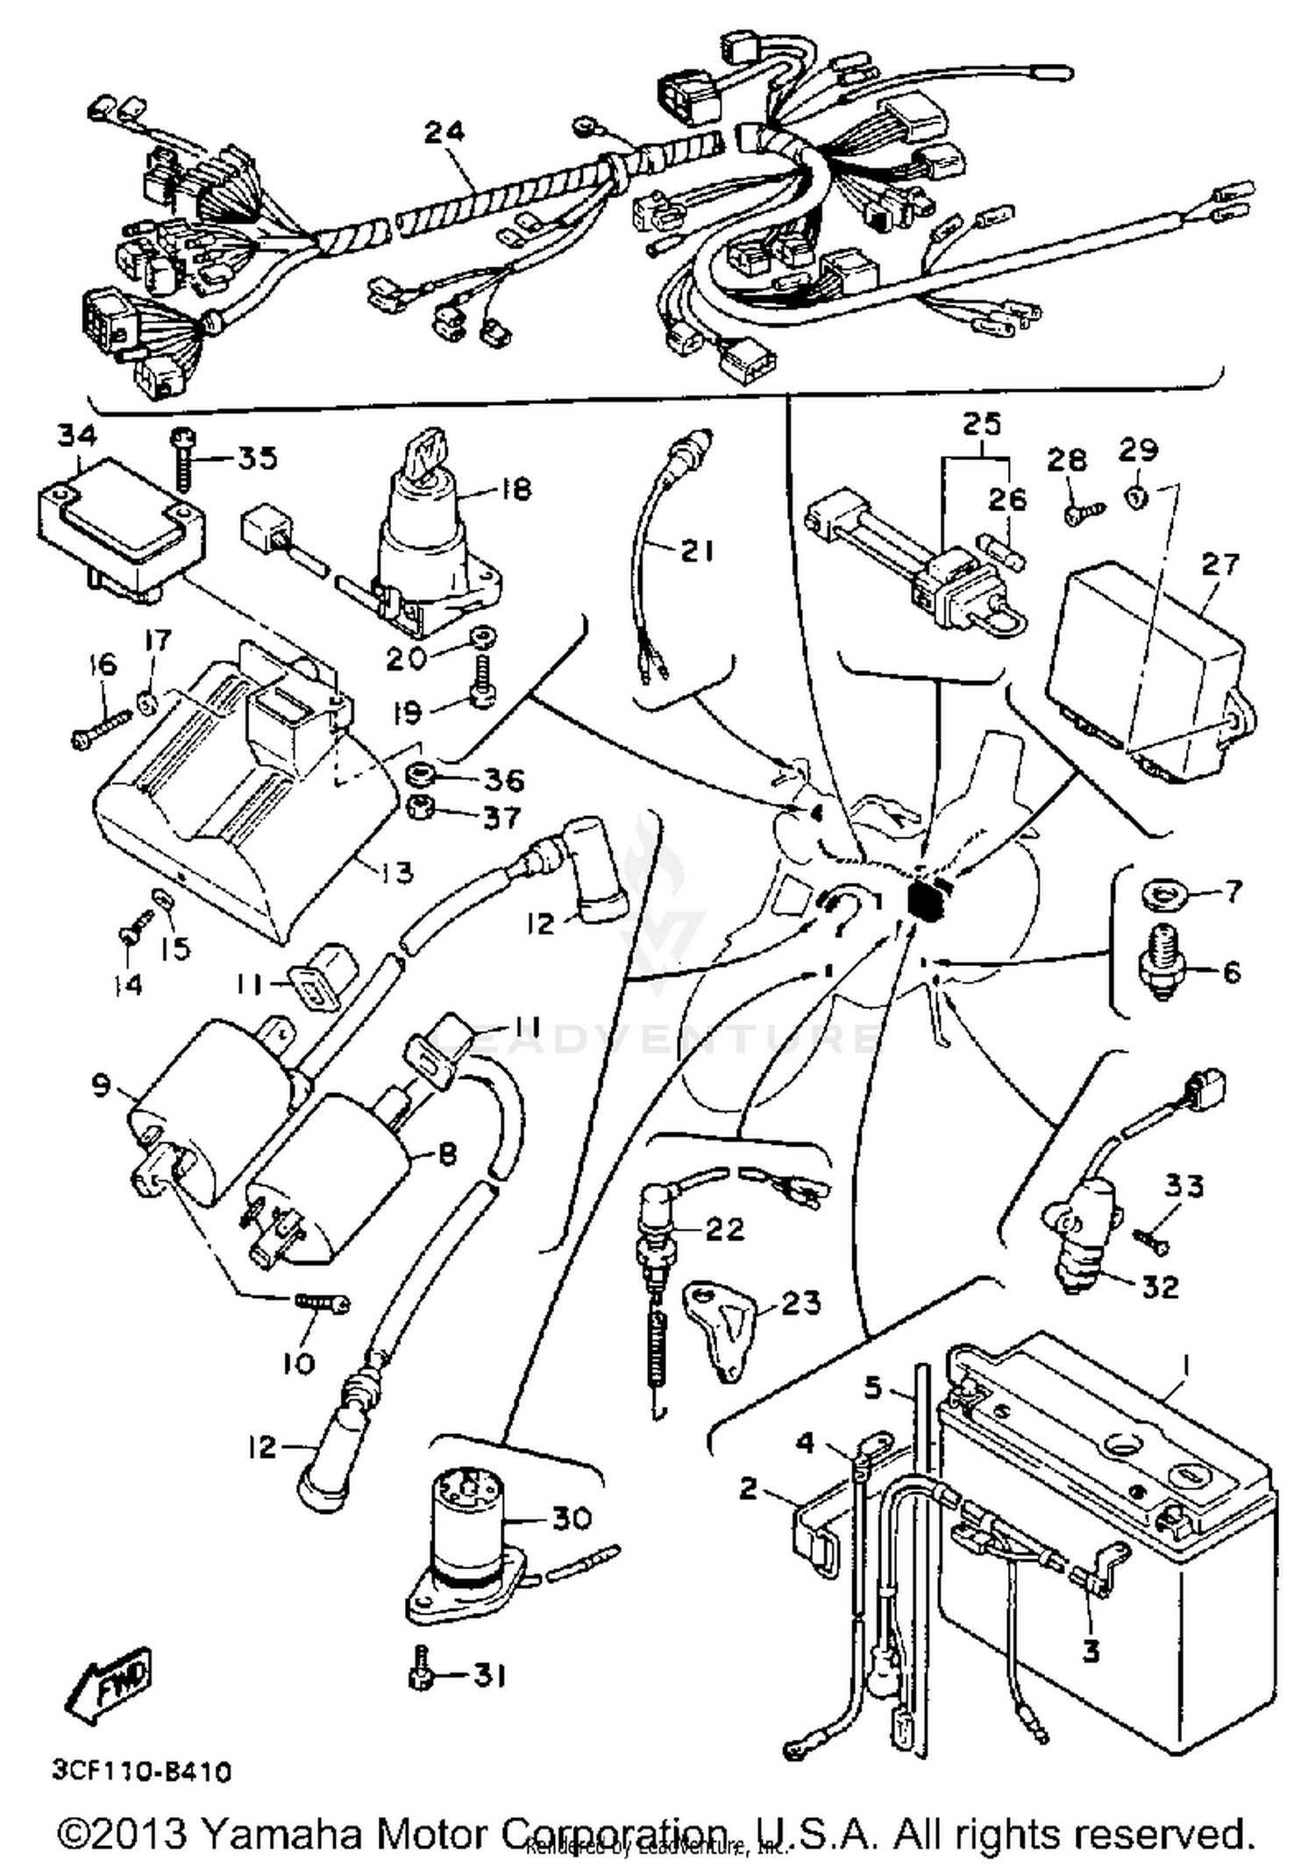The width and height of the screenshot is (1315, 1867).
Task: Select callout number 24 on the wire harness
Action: coord(444,131)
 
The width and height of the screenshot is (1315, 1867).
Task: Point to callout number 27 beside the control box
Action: coord(1219,563)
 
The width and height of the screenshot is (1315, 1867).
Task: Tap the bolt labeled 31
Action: coord(422,1675)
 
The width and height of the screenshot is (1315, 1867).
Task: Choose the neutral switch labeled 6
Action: coord(1163,967)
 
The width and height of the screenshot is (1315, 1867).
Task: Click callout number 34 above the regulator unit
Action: coord(78,436)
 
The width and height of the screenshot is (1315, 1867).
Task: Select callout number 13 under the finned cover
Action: coord(392,872)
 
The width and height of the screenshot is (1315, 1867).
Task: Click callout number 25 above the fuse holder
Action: coord(981,425)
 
